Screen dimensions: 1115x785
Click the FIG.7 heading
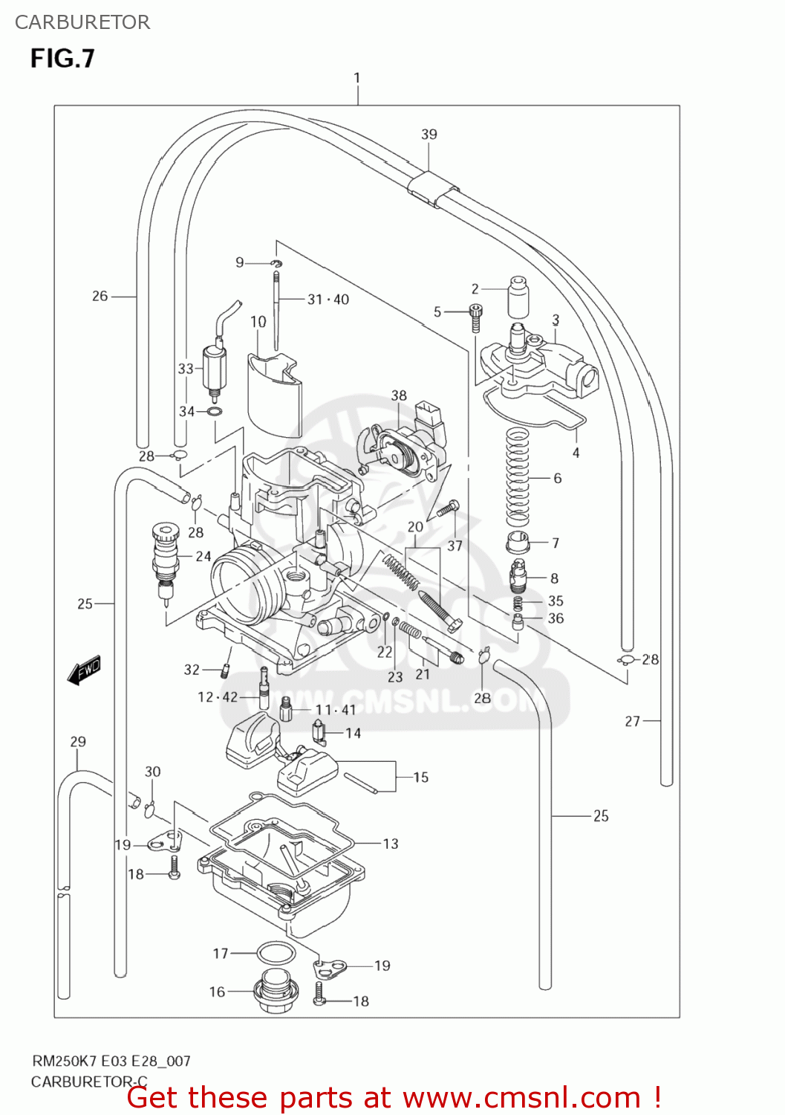point(62,58)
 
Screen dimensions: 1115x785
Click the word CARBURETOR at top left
point(82,22)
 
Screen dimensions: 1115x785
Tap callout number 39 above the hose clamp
point(429,135)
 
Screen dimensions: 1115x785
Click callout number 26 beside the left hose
point(100,296)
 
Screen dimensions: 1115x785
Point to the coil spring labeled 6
point(517,477)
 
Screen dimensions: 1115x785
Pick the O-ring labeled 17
point(276,953)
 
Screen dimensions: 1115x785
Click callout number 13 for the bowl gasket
point(391,844)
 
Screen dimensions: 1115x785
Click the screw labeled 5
point(476,317)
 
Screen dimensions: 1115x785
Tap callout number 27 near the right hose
point(632,721)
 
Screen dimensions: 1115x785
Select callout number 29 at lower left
point(78,742)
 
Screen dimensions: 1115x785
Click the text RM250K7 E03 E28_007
point(111,1061)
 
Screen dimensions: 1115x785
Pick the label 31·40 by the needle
point(328,300)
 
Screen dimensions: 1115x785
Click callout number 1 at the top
point(357,78)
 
